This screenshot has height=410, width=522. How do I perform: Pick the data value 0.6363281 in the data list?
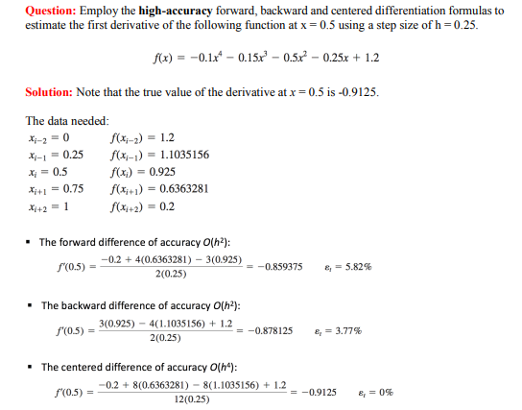(185, 188)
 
